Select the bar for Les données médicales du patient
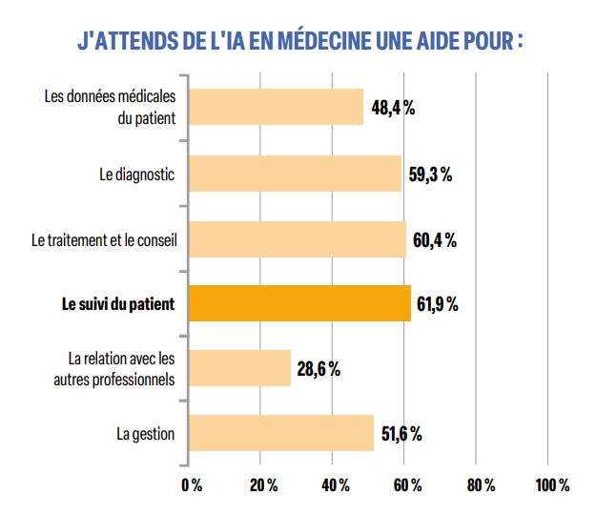point(276,107)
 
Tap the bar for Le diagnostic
point(295,174)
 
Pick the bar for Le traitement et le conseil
point(298,239)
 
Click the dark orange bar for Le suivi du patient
point(299,304)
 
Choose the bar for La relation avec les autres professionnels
point(239,368)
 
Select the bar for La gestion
point(281,434)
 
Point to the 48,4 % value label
point(393,108)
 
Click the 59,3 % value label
point(430,175)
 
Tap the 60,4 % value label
point(435,240)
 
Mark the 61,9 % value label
point(438,305)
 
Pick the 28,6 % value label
point(319,369)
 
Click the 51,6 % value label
point(401,435)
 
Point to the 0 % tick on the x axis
point(191,485)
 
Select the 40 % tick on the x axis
point(335,485)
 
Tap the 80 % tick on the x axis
point(480,485)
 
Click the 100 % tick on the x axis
point(551,485)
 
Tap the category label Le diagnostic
point(137,175)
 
